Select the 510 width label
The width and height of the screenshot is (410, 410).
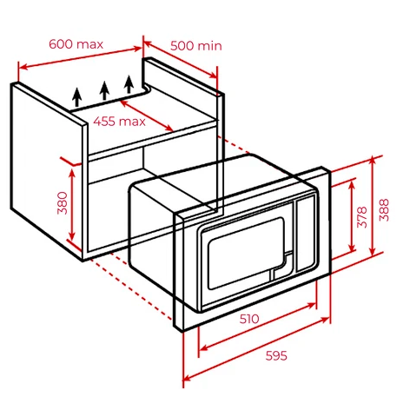point(249,319)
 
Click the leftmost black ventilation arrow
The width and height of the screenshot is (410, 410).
point(77,95)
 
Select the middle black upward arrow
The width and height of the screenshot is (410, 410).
point(103,89)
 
